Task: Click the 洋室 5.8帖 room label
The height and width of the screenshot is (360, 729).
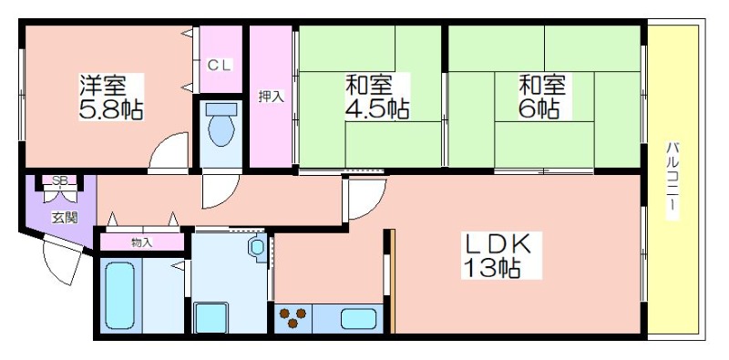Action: tap(111, 97)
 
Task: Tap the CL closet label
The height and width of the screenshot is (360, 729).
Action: tap(219, 66)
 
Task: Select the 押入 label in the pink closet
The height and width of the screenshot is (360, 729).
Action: tap(271, 97)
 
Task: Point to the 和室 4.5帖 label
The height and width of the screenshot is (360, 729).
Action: tap(376, 97)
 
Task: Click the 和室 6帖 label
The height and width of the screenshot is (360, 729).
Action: tap(542, 97)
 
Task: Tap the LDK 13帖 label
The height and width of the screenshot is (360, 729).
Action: tap(500, 255)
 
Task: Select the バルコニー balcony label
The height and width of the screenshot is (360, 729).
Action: tap(671, 180)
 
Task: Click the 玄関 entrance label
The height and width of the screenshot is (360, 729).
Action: tap(64, 218)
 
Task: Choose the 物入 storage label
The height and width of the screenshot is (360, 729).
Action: tap(142, 242)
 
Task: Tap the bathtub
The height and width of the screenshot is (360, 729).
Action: tap(120, 295)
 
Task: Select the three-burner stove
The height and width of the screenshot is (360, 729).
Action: tap(293, 317)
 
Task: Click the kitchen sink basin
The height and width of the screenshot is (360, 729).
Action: tap(358, 319)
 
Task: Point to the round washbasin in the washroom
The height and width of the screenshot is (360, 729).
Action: tap(256, 246)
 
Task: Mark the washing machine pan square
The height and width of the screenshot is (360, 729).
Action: tap(211, 318)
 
